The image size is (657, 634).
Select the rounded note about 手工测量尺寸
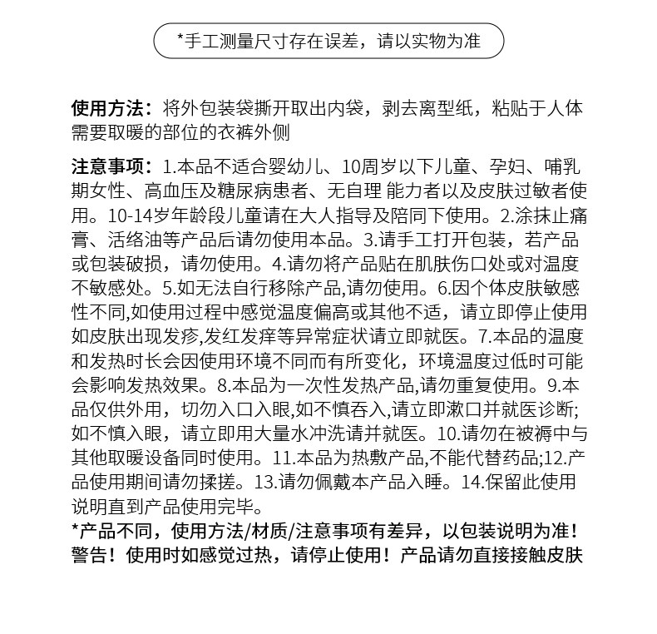(x=328, y=41)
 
